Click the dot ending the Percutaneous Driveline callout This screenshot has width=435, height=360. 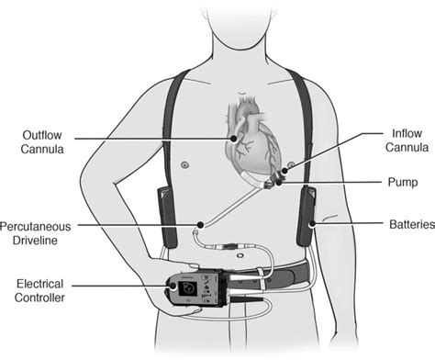(x=199, y=224)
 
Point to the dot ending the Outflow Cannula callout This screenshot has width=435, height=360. (x=236, y=140)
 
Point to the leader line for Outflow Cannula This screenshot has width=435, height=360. (x=156, y=140)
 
